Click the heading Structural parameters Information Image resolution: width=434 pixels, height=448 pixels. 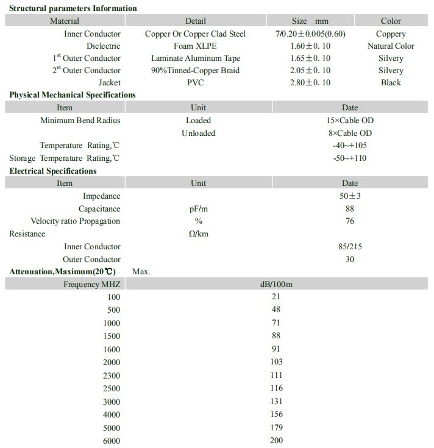[x=73, y=8]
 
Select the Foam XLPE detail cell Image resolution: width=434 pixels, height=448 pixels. [x=195, y=46]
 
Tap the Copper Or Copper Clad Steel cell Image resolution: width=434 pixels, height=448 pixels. [x=195, y=34]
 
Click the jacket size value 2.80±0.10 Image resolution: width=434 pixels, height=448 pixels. [x=310, y=82]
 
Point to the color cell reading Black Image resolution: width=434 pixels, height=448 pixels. [x=391, y=82]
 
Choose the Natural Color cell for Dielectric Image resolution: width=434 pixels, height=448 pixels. [x=391, y=46]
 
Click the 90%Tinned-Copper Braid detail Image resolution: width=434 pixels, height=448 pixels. [x=195, y=70]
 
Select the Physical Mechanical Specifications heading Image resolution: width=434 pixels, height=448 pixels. [x=73, y=94]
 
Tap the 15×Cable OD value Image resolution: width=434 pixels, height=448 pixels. [x=350, y=120]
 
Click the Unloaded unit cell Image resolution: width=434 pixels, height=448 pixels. [x=198, y=133]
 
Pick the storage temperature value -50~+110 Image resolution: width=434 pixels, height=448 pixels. [x=350, y=158]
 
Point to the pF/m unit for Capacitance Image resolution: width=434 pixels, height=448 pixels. [x=198, y=208]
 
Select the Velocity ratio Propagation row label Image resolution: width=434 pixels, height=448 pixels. [x=76, y=221]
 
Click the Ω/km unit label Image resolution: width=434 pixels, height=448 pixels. [x=198, y=233]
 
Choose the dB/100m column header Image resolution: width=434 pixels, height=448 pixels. [x=276, y=284]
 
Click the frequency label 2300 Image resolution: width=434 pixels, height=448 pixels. [x=112, y=375]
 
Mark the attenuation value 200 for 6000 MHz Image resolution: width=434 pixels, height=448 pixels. [x=276, y=440]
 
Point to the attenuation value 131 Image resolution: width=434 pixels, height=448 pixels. [x=276, y=401]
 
